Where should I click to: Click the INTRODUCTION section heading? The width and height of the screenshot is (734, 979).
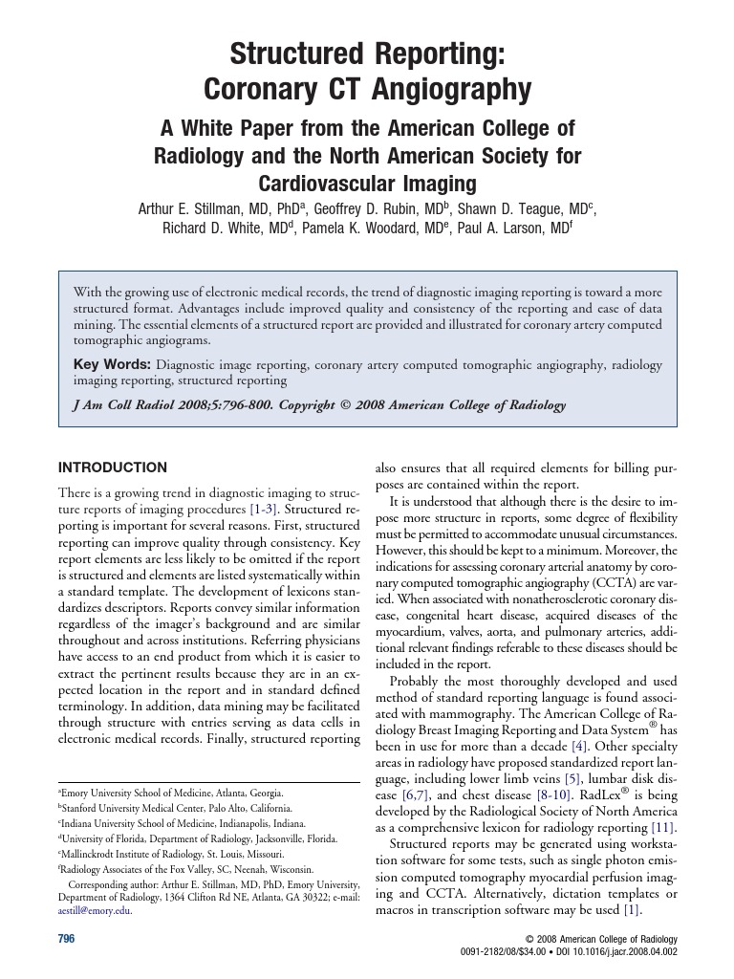[x=113, y=468]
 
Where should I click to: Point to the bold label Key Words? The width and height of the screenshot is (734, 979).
[x=112, y=365]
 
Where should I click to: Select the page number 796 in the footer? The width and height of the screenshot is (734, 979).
[x=67, y=940]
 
